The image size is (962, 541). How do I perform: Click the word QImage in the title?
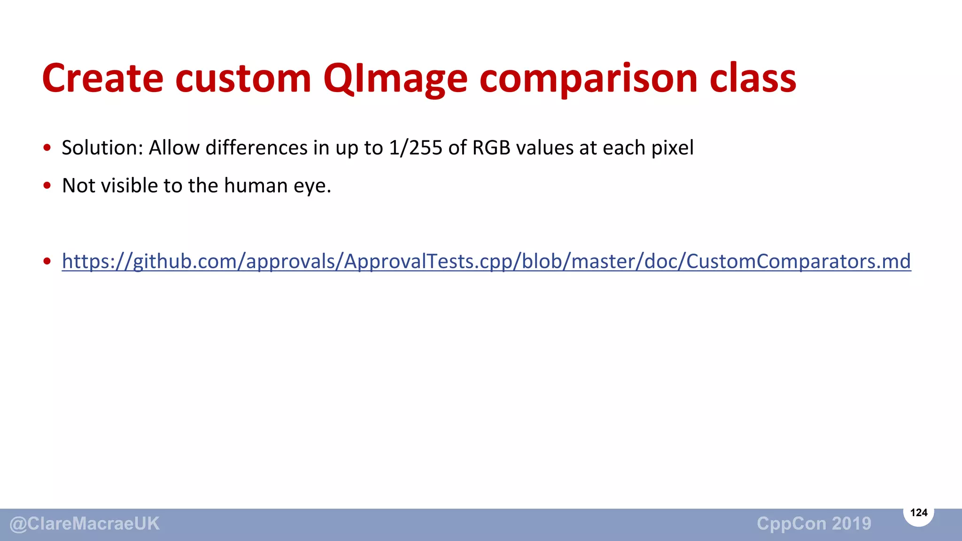point(395,78)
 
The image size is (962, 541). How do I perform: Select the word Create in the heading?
point(102,78)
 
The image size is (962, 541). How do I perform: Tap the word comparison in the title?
point(588,78)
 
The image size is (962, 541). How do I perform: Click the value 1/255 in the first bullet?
point(416,148)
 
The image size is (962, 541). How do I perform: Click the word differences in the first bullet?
point(256,148)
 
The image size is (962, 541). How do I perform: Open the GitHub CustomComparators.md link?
point(486,262)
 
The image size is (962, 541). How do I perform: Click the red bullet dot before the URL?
point(47,261)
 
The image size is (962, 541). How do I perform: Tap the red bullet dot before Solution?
point(47,148)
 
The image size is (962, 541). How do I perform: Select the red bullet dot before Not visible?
point(47,186)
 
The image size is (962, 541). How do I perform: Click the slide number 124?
point(919,512)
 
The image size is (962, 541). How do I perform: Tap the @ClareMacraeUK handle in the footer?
point(85,524)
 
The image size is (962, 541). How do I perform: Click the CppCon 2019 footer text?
point(814,524)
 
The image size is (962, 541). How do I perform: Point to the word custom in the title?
point(243,78)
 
